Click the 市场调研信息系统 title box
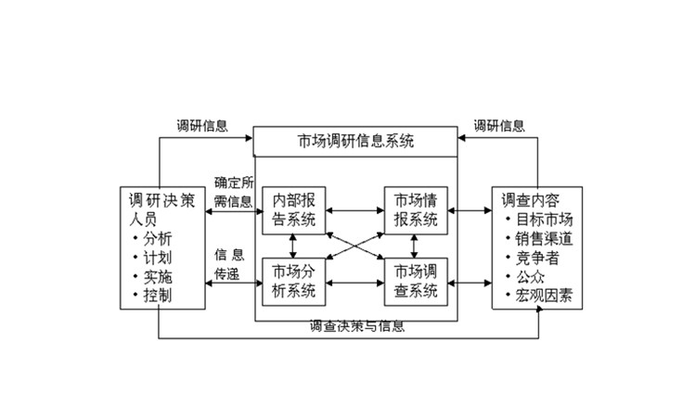coord(356,142)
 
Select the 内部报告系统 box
coord(292,210)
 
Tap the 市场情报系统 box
coord(415,210)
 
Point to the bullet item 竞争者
coord(535,259)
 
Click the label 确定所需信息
coord(233,191)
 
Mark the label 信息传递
coord(228,264)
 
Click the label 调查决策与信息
coord(357,327)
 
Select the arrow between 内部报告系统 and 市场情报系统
coord(354,210)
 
